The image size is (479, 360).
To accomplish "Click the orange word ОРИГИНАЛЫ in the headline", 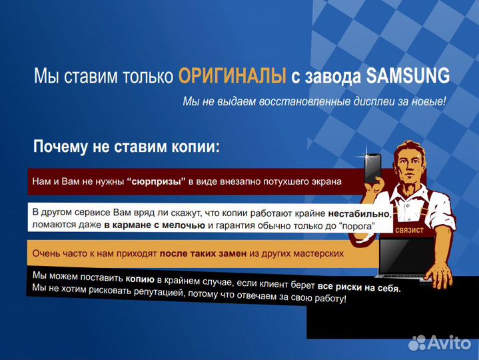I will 233,76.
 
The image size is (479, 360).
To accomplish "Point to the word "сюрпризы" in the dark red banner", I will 156,181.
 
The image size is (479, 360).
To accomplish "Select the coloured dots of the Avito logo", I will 418,343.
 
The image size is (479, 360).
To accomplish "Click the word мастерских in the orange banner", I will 319,253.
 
